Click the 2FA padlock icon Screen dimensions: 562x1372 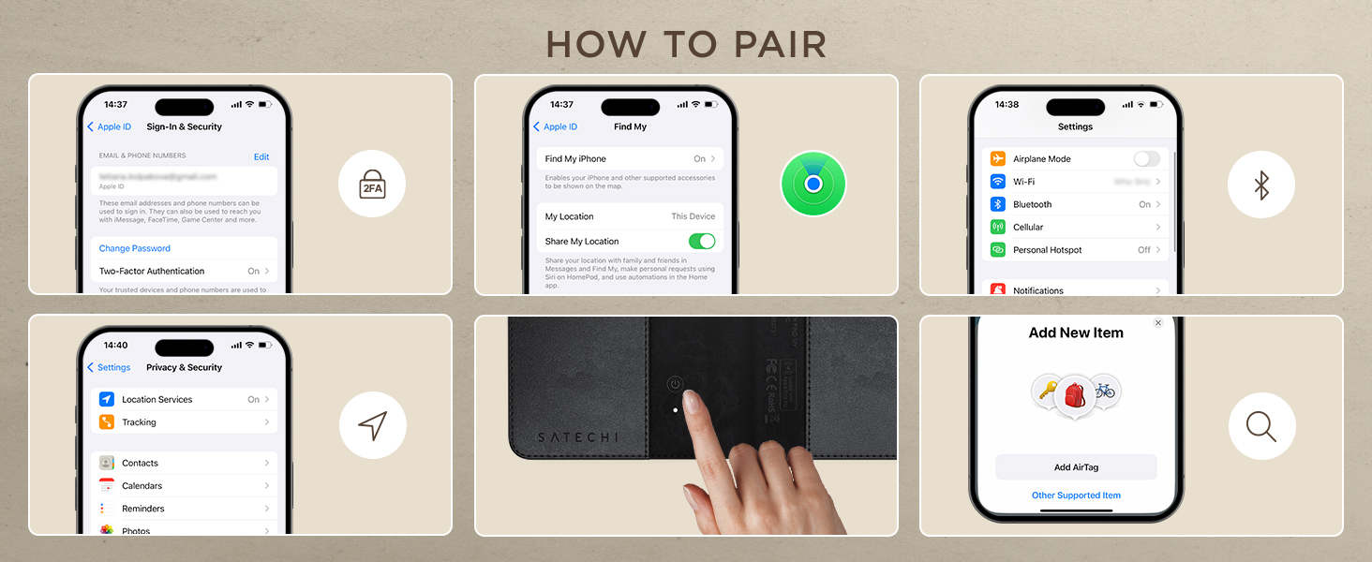coord(372,185)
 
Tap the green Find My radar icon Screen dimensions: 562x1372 coord(813,185)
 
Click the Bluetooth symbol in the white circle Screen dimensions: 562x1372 coord(1261,185)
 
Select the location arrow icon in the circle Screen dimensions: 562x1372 coord(372,425)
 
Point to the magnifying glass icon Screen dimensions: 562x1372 coord(1261,426)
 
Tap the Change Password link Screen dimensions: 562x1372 coord(135,248)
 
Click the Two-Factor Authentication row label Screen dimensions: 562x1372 coord(152,271)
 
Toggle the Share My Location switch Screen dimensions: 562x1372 coord(702,241)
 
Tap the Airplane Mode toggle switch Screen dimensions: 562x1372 coord(1146,159)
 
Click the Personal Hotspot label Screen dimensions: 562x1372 coord(1047,250)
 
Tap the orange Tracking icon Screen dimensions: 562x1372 coord(107,422)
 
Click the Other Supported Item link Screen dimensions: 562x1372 coord(1076,495)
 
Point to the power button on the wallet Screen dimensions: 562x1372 coord(675,384)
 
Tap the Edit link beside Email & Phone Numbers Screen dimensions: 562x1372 coord(261,156)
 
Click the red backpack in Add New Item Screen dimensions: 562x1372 coord(1074,394)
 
